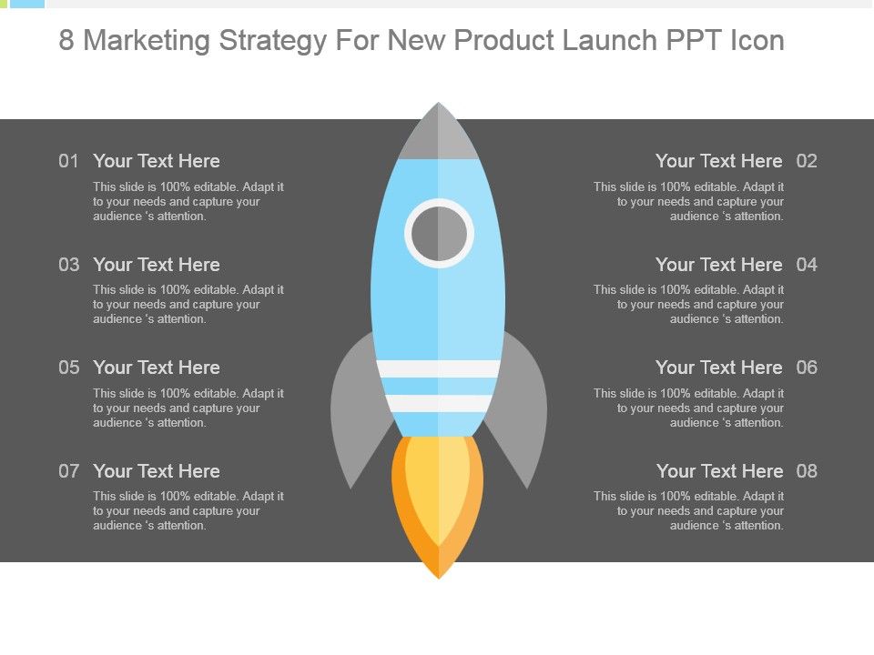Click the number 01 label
68,161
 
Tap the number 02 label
807,161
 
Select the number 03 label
68,265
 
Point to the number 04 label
807,265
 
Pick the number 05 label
68,368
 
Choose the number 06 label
807,368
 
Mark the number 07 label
68,471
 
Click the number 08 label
807,471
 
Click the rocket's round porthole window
439,233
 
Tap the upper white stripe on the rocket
438,368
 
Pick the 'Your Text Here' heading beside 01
157,161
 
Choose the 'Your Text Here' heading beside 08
719,471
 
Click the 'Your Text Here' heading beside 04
719,265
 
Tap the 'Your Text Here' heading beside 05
157,368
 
